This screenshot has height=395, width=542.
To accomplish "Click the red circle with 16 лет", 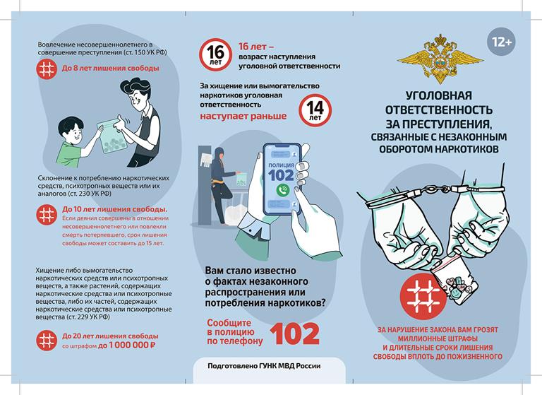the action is pos(215,54).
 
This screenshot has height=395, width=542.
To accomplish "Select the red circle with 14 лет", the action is pos(315,110).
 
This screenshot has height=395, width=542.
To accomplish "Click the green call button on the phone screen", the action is pos(283,189).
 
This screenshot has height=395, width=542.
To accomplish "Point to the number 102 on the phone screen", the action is pos(281,175).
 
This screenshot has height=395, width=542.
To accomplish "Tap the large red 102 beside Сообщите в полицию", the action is pos(294,334).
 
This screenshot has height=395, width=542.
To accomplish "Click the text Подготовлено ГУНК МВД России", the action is pos(264,366).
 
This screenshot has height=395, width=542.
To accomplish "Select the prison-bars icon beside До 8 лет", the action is pos(47,69).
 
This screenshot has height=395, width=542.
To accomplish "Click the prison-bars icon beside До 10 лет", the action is pos(47,215).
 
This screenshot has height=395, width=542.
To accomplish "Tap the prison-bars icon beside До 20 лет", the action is pos(47,341).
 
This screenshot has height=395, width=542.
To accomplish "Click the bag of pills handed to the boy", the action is pos(112,137).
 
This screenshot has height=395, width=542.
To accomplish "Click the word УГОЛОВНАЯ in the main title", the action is pos(439,95).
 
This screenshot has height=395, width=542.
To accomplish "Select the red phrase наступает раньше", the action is pos(243,116).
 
